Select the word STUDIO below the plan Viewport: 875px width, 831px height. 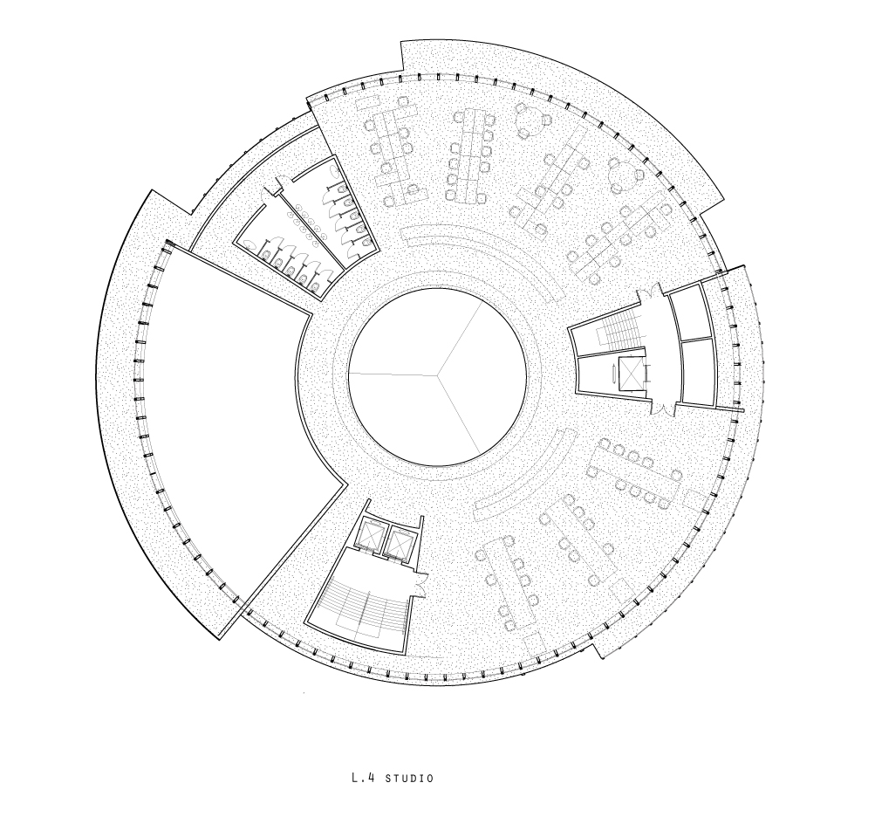click(409, 778)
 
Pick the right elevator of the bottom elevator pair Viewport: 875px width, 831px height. click(400, 542)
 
